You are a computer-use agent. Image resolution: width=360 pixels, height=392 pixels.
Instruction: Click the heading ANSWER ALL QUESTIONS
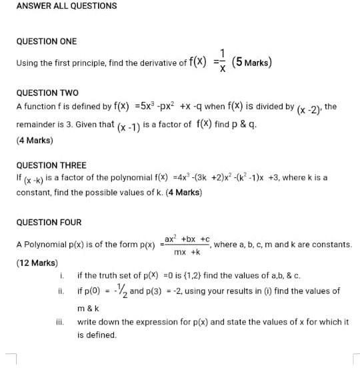point(67,6)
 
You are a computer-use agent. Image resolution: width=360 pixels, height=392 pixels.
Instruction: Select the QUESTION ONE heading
point(47,41)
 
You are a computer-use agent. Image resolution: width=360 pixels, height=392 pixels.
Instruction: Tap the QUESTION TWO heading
point(47,93)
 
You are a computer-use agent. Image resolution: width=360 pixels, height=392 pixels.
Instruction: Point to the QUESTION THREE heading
point(51,165)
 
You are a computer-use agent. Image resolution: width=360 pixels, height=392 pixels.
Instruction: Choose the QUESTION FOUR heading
point(49,223)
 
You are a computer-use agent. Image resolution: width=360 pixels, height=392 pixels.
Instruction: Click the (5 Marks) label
point(251,63)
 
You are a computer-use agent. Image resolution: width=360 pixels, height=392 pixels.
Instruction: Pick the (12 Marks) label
point(37,263)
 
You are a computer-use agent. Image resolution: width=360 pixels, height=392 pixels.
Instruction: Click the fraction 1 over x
point(223,61)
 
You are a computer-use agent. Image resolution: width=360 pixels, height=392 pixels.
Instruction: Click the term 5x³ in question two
point(145,106)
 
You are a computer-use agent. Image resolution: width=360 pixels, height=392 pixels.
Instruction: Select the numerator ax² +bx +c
point(187,239)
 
